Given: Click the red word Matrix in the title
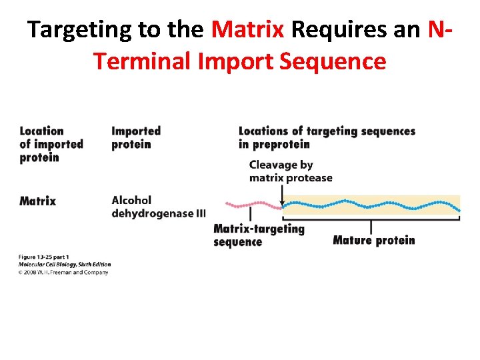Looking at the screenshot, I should [248, 30].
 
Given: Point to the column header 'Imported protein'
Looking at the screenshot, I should [136, 137].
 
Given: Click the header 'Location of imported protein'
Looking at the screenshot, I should [51, 144].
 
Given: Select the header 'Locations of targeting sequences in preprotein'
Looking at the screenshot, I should [327, 137].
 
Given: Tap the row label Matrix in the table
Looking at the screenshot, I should [38, 201].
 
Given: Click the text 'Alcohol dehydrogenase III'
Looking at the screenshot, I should [159, 207].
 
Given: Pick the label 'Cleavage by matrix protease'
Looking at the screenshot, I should [291, 171].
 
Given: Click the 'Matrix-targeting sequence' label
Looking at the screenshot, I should [259, 235].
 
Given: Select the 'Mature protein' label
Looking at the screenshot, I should [373, 240].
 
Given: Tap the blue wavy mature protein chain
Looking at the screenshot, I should [371, 205].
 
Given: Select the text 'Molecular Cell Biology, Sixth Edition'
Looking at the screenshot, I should [64, 265].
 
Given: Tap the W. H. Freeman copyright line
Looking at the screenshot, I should [64, 272].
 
